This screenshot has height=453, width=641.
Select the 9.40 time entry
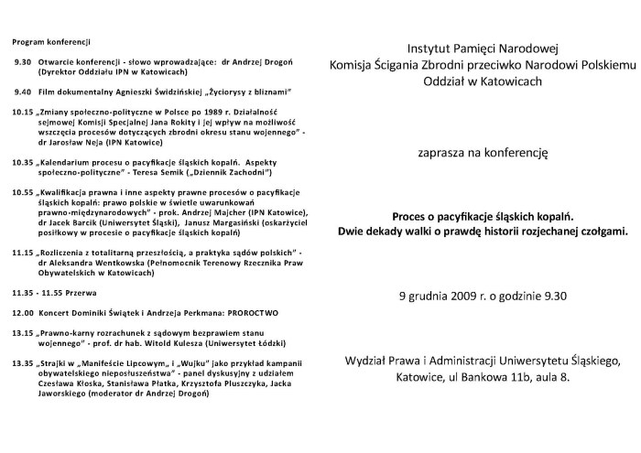pyautogui.click(x=23, y=92)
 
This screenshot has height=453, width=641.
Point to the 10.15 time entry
pyautogui.click(x=23, y=111)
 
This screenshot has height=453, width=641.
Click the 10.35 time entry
pyautogui.click(x=23, y=161)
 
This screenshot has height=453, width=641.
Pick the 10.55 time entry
pyautogui.click(x=23, y=193)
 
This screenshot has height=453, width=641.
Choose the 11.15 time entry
pyautogui.click(x=23, y=252)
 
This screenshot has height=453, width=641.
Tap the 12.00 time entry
pyautogui.click(x=23, y=312)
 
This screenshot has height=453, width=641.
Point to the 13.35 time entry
pyautogui.click(x=23, y=363)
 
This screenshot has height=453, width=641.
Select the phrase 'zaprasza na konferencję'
pyautogui.click(x=481, y=155)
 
